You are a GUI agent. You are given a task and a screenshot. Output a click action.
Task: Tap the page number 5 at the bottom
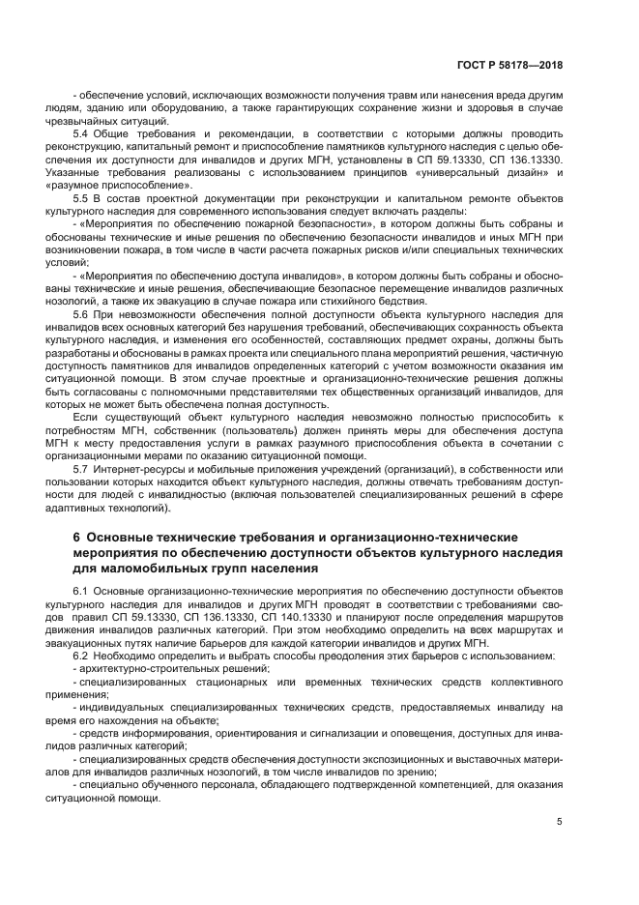pyautogui.click(x=560, y=822)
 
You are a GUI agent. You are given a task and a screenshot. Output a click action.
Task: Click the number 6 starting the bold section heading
pyautogui.click(x=76, y=538)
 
